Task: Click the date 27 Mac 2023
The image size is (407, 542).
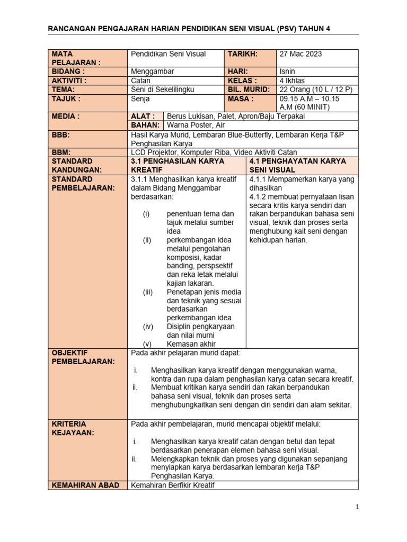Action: (300, 54)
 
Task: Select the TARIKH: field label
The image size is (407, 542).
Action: (243, 54)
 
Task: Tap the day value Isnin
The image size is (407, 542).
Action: (288, 71)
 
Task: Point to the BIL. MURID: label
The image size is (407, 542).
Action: (249, 89)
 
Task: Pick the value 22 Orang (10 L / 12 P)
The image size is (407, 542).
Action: (315, 89)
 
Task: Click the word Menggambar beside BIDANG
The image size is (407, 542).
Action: (152, 71)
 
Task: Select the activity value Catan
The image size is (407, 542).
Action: (140, 80)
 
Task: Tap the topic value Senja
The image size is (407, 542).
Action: (140, 98)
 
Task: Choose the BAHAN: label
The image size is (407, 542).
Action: (145, 125)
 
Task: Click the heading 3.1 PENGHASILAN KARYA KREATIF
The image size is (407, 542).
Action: (178, 165)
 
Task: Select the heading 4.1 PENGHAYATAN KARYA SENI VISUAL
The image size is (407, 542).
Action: (297, 165)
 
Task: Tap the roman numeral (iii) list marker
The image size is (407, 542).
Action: (147, 292)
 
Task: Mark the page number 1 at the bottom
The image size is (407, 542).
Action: (358, 507)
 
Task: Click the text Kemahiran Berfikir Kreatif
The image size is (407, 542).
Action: (172, 485)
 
